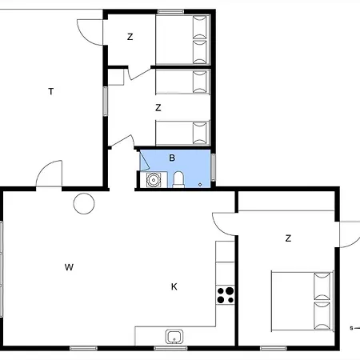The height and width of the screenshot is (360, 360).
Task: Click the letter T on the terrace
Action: tap(51, 91)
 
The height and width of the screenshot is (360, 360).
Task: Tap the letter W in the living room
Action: tap(69, 267)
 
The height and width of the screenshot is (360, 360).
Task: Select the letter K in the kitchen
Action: tap(174, 287)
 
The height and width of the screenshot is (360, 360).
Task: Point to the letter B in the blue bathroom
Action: tap(172, 158)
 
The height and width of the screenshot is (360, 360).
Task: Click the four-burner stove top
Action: tap(225, 295)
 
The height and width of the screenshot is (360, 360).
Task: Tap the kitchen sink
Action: tap(174, 336)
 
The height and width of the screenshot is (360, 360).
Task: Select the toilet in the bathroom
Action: tap(178, 179)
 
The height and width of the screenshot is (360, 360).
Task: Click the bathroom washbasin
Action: tap(154, 180)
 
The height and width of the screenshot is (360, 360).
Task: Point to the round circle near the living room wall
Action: tap(84, 203)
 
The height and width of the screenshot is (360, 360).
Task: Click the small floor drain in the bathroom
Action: tap(200, 185)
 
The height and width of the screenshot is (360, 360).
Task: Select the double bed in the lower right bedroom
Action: tap(302, 302)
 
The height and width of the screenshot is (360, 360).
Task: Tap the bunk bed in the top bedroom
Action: tap(182, 39)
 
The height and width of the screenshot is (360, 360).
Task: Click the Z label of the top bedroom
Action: tap(130, 37)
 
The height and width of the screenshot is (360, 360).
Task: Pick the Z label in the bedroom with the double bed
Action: tap(288, 238)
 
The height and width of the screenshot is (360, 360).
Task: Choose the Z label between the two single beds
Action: tap(158, 108)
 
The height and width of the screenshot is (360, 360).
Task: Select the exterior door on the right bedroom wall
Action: tap(350, 234)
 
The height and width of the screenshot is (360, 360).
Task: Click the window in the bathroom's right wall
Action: tap(213, 168)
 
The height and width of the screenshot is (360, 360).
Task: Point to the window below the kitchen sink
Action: tap(170, 348)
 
